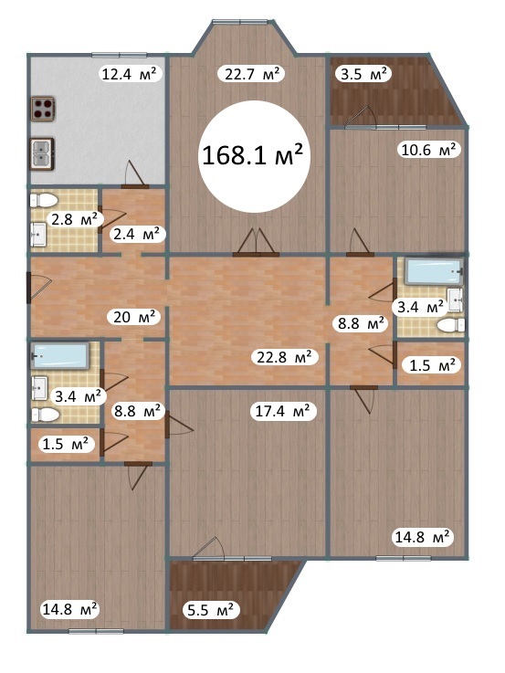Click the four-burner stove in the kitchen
[43, 109]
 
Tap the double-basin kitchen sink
[42, 153]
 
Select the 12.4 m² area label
[132, 74]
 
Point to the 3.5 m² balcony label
[363, 74]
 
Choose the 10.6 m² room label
[428, 150]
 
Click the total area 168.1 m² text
[253, 154]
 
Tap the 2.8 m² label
[75, 219]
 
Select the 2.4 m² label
[137, 234]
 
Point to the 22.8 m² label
[287, 357]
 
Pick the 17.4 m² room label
[283, 411]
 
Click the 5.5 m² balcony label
[211, 609]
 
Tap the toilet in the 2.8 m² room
[44, 200]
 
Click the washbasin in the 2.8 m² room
[38, 235]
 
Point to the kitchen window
[120, 55]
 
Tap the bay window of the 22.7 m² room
[240, 22]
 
